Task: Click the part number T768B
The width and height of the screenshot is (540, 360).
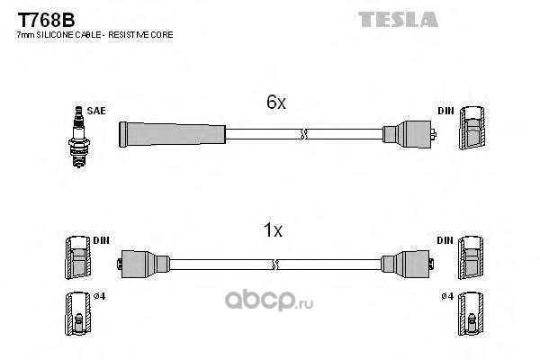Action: (x=46, y=20)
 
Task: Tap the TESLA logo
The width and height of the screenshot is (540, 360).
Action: (x=398, y=19)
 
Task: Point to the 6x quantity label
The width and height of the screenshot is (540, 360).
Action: (x=276, y=102)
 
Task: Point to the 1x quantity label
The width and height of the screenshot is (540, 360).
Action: (x=273, y=229)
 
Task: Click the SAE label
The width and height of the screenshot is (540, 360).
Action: (x=96, y=111)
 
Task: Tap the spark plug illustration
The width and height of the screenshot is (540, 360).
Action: (x=79, y=137)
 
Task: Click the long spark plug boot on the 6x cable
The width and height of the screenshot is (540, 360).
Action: (x=172, y=134)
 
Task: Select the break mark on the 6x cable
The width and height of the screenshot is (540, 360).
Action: (x=303, y=134)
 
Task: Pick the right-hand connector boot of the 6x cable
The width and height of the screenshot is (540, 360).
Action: (x=409, y=134)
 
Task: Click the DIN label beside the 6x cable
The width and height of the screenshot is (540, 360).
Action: (x=445, y=111)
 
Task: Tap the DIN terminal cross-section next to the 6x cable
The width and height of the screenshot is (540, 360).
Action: (x=472, y=128)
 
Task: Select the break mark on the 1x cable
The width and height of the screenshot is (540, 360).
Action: (x=274, y=265)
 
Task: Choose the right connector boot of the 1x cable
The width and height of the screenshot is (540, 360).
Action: (x=408, y=265)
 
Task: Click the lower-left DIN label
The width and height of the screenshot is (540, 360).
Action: (x=101, y=240)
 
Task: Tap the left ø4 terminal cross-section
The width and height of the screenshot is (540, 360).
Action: (x=78, y=314)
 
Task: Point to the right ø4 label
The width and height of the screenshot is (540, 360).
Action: (x=447, y=296)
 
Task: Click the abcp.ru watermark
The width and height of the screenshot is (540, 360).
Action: (x=269, y=300)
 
